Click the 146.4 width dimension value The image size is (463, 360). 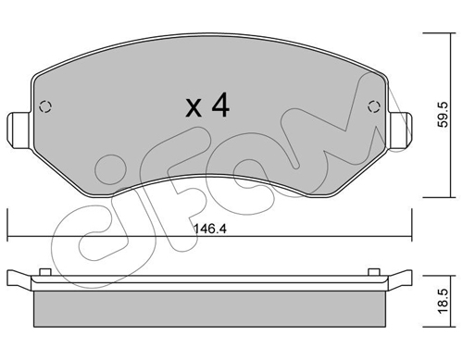[210, 229]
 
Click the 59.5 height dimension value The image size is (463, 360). [444, 115]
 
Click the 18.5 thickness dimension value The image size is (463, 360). [444, 301]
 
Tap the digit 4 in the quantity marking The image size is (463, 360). [220, 106]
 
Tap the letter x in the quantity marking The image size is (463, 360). [194, 108]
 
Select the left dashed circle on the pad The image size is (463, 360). [45, 106]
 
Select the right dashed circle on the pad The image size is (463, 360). [374, 106]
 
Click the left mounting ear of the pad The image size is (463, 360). [19, 130]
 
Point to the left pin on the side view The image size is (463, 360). [45, 272]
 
